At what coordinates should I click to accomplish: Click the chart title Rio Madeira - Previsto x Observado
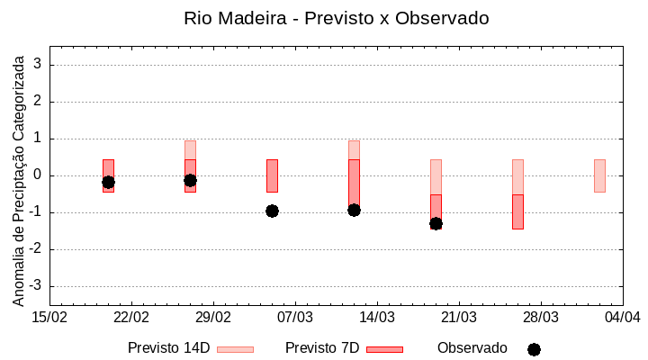point(336,18)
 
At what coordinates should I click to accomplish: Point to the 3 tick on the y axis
point(39,65)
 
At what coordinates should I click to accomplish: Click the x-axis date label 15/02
point(49,318)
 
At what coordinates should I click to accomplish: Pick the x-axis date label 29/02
point(213,318)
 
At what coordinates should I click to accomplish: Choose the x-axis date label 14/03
point(377,318)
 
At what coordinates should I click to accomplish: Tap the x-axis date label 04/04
point(622,318)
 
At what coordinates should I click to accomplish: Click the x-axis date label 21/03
point(459,318)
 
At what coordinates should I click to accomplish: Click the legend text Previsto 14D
point(168,348)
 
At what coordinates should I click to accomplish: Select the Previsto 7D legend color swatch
point(384,349)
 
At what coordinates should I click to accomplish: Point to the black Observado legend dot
point(534,349)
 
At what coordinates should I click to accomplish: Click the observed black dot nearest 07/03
point(272,211)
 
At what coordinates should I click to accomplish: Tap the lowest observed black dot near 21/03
point(436,223)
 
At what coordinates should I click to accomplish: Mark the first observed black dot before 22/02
point(108,182)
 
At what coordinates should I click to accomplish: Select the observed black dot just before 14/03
point(354,210)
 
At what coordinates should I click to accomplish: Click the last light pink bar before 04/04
point(599,175)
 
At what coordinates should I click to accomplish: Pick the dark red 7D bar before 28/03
point(517,211)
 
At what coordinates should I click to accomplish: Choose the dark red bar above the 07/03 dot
point(272,175)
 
